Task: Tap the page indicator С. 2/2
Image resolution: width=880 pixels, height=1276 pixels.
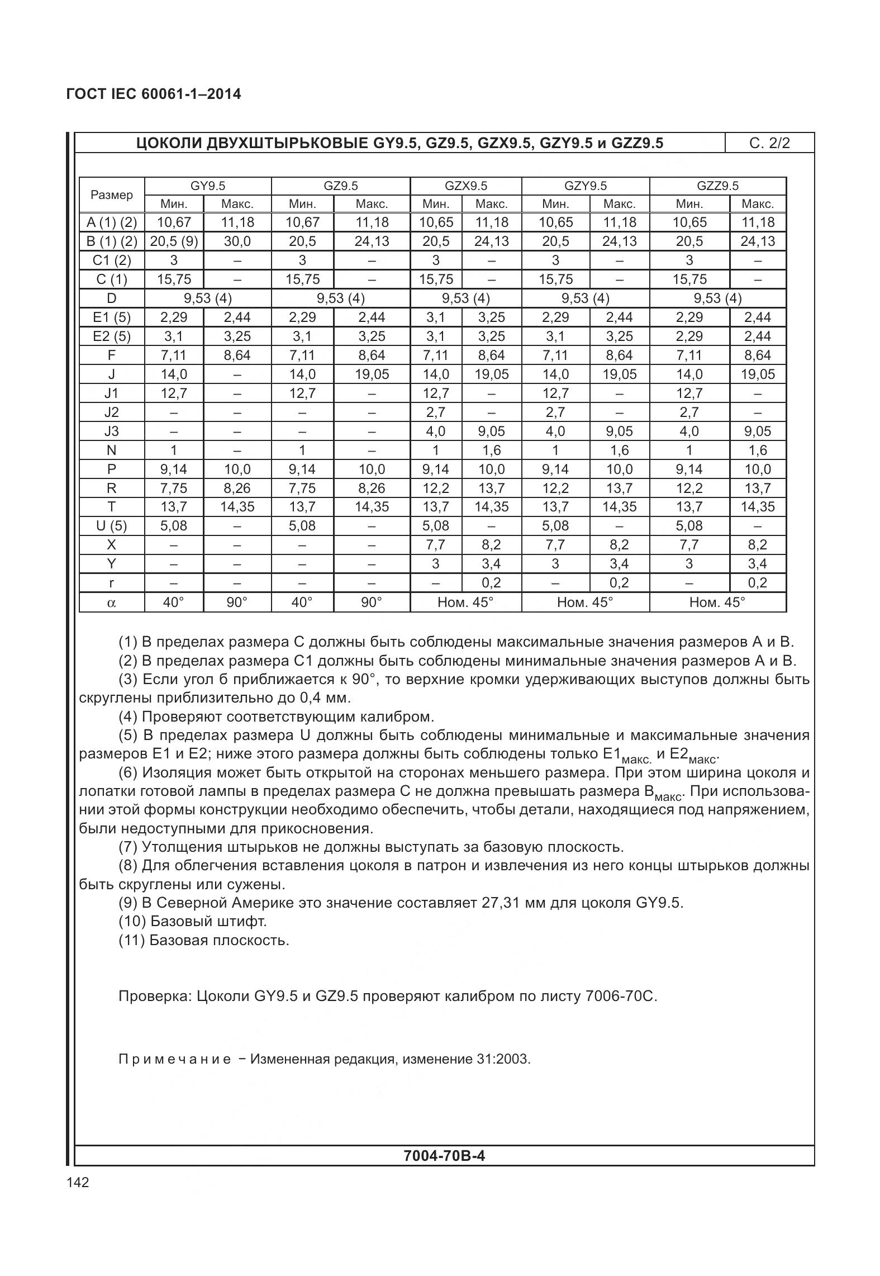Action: (769, 143)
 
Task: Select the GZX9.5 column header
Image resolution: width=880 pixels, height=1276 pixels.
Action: (465, 186)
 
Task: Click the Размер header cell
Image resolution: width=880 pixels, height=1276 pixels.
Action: (112, 195)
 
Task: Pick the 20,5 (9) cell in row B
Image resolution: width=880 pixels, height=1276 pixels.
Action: (174, 241)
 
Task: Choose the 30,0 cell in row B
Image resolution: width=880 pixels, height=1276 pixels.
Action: (237, 241)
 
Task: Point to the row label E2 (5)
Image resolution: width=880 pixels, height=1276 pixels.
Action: (112, 336)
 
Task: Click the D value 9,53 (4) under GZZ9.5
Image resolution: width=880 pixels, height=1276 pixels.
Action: (717, 298)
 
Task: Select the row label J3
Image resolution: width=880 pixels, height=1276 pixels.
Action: (112, 431)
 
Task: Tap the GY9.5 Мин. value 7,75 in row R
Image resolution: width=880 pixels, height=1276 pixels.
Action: (174, 488)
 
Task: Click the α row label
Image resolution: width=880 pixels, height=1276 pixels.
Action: (112, 603)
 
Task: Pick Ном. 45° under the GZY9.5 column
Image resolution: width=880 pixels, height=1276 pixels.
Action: (585, 602)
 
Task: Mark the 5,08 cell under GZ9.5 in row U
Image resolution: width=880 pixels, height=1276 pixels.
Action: (302, 525)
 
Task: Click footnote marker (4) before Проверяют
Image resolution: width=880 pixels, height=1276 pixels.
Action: (128, 717)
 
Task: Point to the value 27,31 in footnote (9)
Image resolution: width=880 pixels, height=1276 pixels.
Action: (501, 903)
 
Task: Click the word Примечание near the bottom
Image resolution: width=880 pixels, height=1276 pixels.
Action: (174, 1059)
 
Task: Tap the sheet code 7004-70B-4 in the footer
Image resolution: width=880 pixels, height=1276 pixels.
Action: (444, 1155)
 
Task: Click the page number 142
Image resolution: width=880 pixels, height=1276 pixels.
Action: (77, 1182)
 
